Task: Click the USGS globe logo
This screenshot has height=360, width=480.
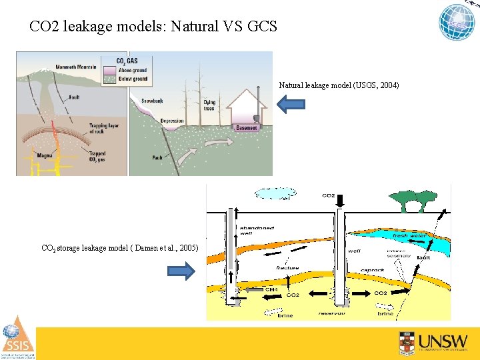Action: pos(457,22)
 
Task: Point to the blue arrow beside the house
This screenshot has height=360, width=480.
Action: pos(291,103)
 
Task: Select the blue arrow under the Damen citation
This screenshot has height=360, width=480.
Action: pos(181,271)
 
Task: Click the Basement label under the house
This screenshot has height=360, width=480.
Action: pos(246,128)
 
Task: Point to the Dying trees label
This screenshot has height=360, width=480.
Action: pos(209,105)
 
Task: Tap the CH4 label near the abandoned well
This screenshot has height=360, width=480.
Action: pos(271,289)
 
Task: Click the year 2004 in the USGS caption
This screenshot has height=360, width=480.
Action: pos(387,85)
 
